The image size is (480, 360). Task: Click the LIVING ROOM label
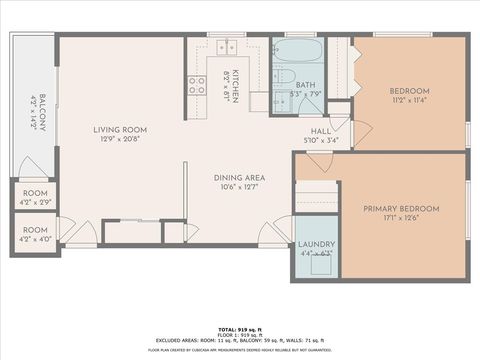pos(121,129)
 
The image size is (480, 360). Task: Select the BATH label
pos(305,86)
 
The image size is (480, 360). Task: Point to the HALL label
pos(321,130)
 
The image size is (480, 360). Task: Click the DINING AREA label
pos(238,178)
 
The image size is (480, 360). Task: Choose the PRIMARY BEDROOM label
pos(401,209)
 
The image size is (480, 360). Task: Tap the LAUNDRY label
pos(317,244)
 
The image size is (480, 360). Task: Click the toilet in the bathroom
pos(283,78)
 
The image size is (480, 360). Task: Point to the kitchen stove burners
pos(195,85)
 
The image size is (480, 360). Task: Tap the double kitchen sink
pos(227,46)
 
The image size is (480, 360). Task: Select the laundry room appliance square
pos(322,263)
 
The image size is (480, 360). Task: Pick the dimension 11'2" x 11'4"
pos(409,100)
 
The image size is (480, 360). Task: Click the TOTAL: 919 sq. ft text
pos(239,327)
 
